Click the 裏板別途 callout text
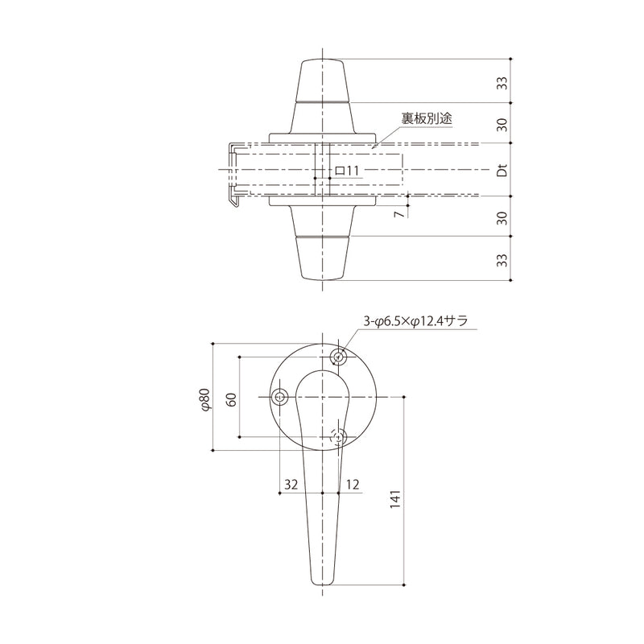pyautogui.click(x=427, y=118)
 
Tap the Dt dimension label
pyautogui.click(x=502, y=170)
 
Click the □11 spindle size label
pyautogui.click(x=346, y=171)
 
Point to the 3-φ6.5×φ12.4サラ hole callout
pyautogui.click(x=415, y=320)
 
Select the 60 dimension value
pyautogui.click(x=232, y=399)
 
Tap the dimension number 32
pyautogui.click(x=291, y=485)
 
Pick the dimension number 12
pyautogui.click(x=353, y=485)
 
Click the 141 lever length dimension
pyautogui.click(x=394, y=499)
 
